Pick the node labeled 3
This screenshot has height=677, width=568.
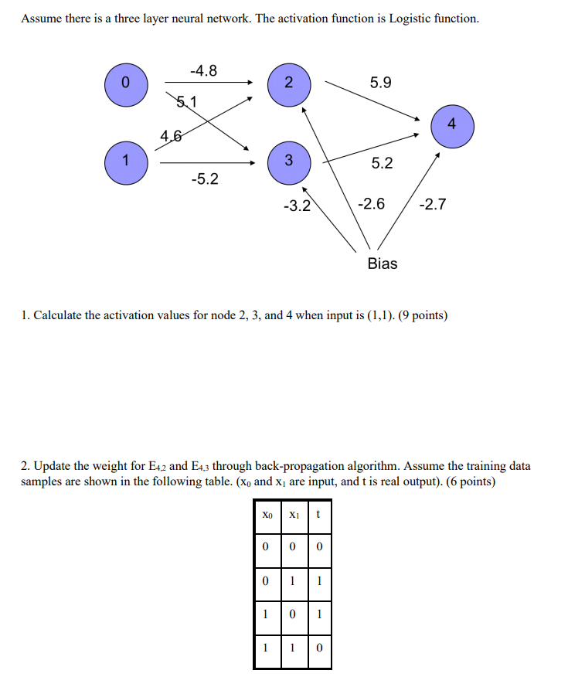tap(287, 162)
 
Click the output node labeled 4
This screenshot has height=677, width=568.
tap(451, 124)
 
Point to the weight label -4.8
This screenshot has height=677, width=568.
tap(203, 71)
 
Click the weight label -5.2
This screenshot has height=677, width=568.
tap(204, 179)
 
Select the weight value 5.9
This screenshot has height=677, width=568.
tap(381, 81)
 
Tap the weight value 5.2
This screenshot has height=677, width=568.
tap(382, 163)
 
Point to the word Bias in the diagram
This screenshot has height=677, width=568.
tap(383, 264)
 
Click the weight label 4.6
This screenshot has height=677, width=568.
tap(172, 137)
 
